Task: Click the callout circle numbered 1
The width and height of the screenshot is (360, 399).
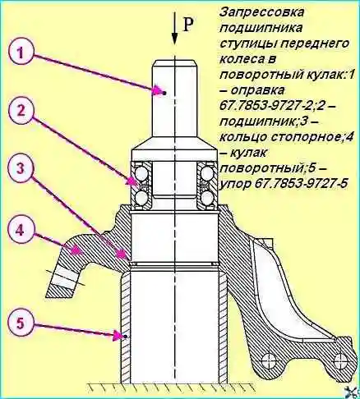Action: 20,53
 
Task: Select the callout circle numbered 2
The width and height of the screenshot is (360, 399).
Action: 20,111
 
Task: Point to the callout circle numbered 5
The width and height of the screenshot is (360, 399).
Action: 20,323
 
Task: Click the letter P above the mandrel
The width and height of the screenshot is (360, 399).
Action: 187,25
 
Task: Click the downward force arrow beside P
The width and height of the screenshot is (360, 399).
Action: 174,28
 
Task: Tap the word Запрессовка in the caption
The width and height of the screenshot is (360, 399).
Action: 262,12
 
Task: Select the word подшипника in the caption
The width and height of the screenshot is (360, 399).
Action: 261,28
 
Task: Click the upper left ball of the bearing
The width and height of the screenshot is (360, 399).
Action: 140,173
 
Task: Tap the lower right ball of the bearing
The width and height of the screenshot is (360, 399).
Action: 208,197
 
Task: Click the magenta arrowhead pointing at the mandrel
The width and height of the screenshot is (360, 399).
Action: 159,90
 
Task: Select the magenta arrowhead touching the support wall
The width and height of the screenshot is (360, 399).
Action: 119,336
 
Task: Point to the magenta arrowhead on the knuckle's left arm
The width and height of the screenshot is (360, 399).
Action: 76,251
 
